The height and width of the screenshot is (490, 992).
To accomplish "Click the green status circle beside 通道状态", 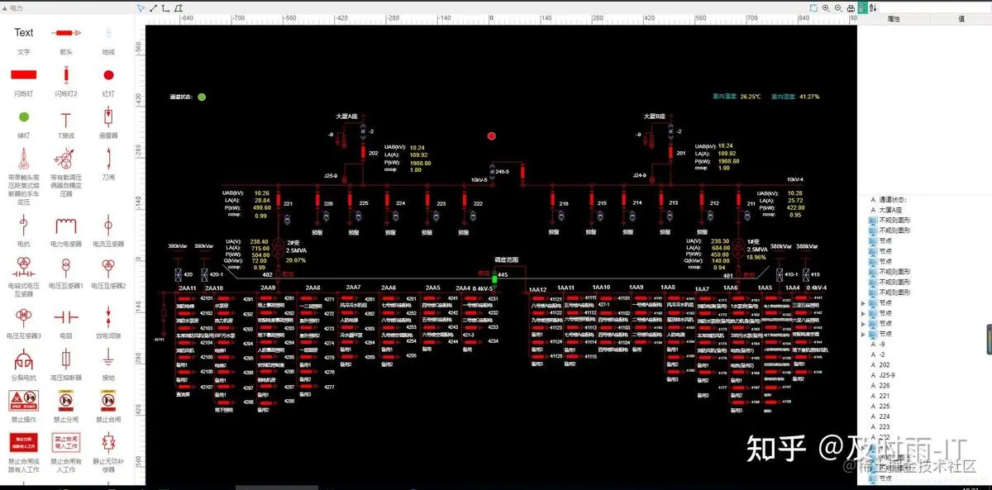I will pyautogui.click(x=202, y=97).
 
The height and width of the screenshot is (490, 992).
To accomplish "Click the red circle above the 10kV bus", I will pyautogui.click(x=491, y=136).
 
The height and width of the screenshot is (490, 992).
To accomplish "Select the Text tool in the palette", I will pyautogui.click(x=24, y=32).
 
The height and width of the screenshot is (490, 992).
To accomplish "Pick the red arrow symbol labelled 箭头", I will pyautogui.click(x=66, y=33).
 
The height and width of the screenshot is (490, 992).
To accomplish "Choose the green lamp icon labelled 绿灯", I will pyautogui.click(x=24, y=117).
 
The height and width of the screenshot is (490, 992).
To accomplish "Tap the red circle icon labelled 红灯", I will pyautogui.click(x=108, y=74).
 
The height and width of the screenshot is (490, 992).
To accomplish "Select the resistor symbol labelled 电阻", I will pyautogui.click(x=66, y=316).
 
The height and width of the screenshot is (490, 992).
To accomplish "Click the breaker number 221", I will pyautogui.click(x=288, y=203).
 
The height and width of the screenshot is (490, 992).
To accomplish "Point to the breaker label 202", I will pyautogui.click(x=373, y=154).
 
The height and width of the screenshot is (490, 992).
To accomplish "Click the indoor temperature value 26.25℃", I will pyautogui.click(x=750, y=97).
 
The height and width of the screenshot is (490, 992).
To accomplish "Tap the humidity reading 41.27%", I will pyautogui.click(x=808, y=97).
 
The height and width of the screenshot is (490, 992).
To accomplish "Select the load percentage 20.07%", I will pyautogui.click(x=295, y=259).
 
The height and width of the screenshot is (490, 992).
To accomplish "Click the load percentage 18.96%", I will pyautogui.click(x=756, y=257).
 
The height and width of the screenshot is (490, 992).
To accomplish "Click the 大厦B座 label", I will pyautogui.click(x=656, y=117).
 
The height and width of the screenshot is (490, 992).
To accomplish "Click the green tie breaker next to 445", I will pyautogui.click(x=494, y=278).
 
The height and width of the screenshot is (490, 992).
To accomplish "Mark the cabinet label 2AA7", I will pyautogui.click(x=353, y=288).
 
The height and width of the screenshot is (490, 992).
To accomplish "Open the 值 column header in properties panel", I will pyautogui.click(x=961, y=18).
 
